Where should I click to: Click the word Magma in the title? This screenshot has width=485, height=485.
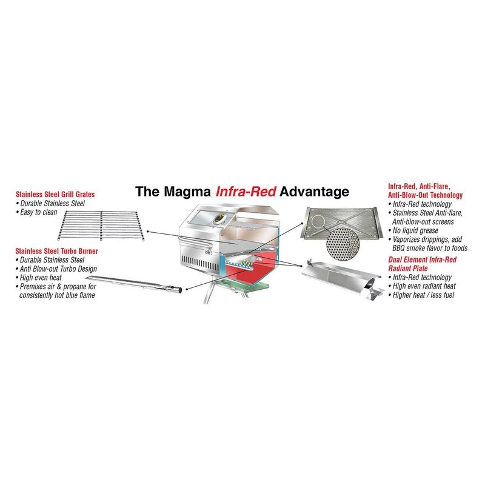[x=183, y=192]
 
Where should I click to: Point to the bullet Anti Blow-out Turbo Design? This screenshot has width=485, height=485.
[x=58, y=269]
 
